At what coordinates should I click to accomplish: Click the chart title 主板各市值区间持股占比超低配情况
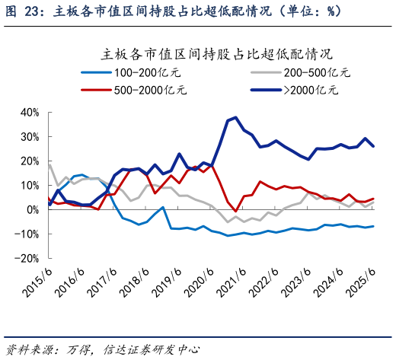pos(217,55)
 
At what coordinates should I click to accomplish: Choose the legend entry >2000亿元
pos(311,90)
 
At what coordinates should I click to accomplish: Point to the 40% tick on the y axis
pos(30,112)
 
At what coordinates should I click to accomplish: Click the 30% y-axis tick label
pos(30,136)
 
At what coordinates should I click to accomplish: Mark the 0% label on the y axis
pos(33,209)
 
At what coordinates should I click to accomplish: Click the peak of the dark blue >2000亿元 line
pos(235,117)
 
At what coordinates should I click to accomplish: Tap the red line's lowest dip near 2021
pos(236,211)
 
